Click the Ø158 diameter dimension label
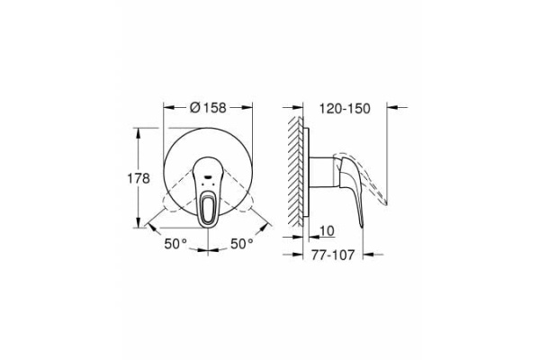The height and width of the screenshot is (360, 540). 208,108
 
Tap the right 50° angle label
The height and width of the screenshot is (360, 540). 241,243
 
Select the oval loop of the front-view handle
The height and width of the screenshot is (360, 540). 209,210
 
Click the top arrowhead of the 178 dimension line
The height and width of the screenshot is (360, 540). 139,132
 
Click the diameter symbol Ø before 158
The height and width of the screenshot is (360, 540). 195,108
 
